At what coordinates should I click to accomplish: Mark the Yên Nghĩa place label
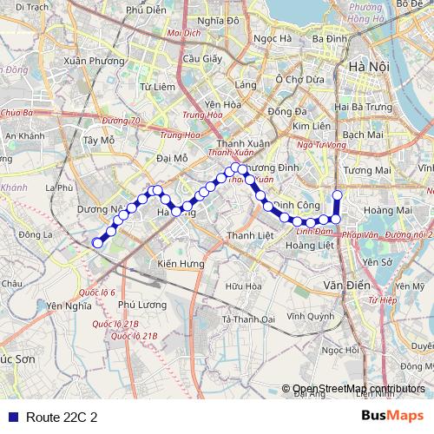point(69,306)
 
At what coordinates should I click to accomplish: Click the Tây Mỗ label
point(96,139)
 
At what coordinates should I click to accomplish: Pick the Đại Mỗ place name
point(172,158)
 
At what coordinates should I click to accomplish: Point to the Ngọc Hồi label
point(340,350)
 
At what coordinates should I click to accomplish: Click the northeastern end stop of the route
point(338,194)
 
